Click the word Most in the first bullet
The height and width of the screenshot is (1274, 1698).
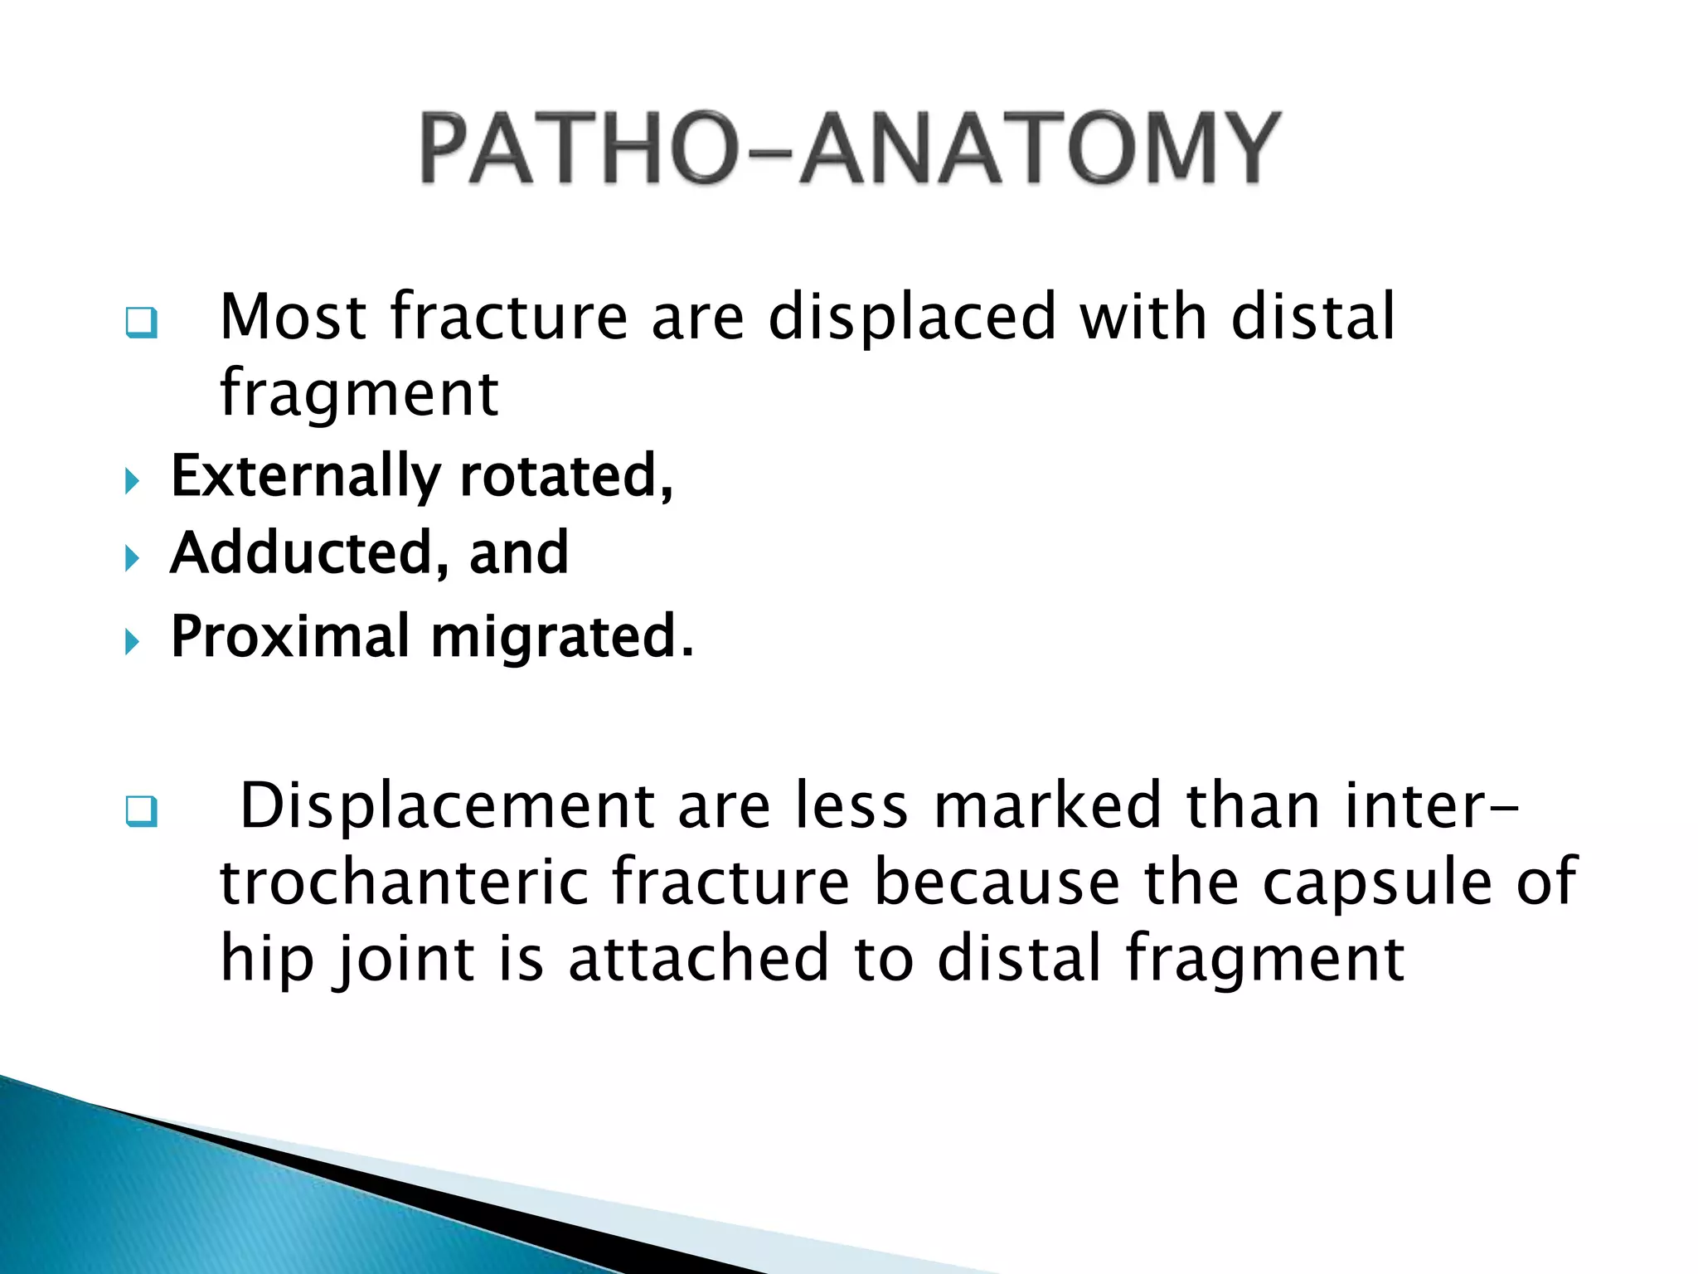[294, 317]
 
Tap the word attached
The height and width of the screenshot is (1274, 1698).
[698, 958]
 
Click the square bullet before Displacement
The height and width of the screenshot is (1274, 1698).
[141, 810]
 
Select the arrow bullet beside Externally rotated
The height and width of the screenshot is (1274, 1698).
[132, 480]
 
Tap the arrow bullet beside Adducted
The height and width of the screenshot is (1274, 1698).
[132, 558]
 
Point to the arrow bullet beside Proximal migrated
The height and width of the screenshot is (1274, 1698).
[132, 641]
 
